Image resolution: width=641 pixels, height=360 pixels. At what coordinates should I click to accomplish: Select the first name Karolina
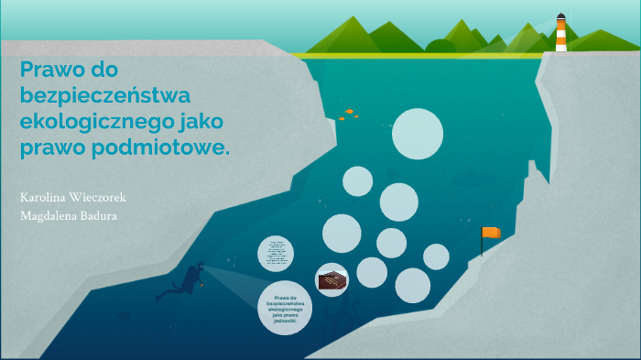pyautogui.click(x=43, y=197)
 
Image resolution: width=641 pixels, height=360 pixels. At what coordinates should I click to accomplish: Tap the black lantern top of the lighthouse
pyautogui.click(x=560, y=16)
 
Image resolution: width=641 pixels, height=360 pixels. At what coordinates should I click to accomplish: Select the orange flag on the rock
pyautogui.click(x=492, y=233)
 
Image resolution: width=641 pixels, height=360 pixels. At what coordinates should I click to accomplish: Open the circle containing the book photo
pyautogui.click(x=331, y=279)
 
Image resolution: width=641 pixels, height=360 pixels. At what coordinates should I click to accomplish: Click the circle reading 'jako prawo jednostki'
pyautogui.click(x=285, y=308)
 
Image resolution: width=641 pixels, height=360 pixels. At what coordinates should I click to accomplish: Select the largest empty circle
pyautogui.click(x=418, y=134)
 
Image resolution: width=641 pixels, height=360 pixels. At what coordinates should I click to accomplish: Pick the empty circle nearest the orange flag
pyautogui.click(x=436, y=256)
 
